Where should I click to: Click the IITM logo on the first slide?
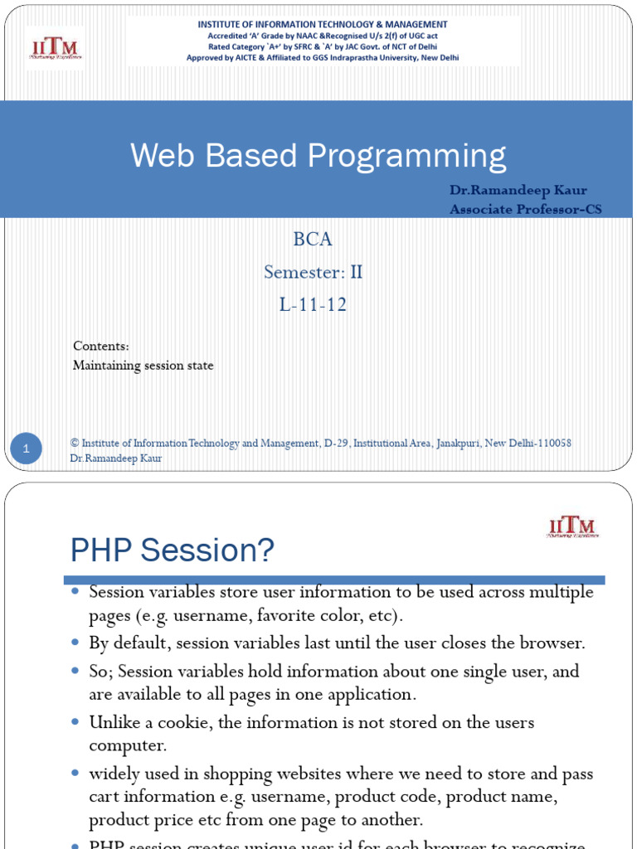point(55,47)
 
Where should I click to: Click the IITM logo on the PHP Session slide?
point(572,526)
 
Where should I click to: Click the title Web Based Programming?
point(318,156)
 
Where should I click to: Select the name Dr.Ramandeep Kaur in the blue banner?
point(518,190)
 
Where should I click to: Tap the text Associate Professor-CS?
point(525,209)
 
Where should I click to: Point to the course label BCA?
point(313,240)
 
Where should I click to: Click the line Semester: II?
point(313,272)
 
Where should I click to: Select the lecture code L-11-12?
point(313,305)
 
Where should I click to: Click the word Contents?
point(100,346)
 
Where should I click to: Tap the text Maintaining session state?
point(143,366)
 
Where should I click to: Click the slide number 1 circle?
point(27,449)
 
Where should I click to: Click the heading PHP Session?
point(172,550)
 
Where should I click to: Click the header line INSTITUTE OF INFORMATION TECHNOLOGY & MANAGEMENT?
point(323,25)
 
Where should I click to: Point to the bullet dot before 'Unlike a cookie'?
point(75,721)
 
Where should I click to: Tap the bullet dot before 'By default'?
point(75,642)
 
